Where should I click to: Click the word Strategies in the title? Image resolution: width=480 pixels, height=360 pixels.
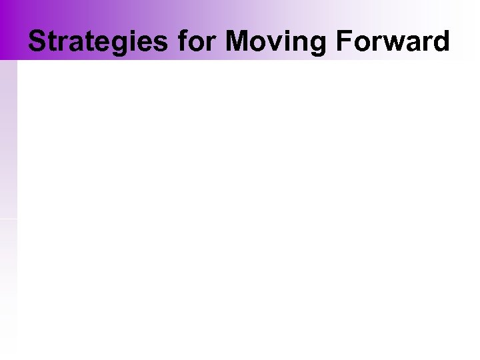coord(100,41)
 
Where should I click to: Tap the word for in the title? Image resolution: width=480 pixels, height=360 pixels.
coord(198,41)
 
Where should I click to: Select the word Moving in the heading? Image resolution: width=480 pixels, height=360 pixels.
coord(276,41)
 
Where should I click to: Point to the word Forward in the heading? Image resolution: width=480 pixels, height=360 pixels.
coord(392,41)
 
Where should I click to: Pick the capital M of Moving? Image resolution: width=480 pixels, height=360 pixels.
coord(237,41)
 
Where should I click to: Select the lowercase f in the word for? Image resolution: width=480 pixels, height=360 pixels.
coord(183,41)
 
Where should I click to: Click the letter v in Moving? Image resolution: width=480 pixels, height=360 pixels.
coord(271,43)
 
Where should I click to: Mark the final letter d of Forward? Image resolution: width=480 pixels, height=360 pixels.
coord(441,41)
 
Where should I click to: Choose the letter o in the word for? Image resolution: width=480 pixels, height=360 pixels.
coord(196,43)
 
